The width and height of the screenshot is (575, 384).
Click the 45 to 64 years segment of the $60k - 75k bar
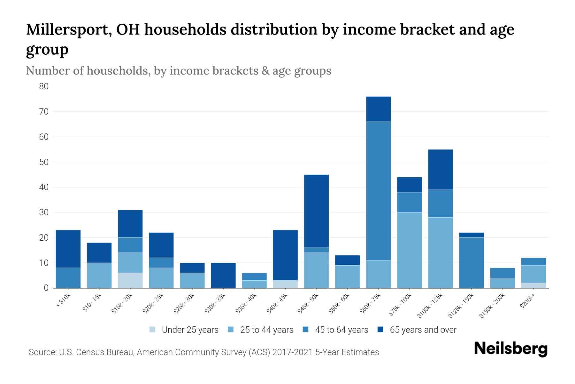[378, 191]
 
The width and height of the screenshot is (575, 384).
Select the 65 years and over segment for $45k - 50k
[316, 211]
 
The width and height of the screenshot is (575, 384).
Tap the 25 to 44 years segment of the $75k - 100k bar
[409, 250]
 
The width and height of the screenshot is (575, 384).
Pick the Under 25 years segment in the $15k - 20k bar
[130, 280]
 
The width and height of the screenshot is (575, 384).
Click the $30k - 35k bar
[223, 276]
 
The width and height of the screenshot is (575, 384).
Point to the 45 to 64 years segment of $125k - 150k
[471, 263]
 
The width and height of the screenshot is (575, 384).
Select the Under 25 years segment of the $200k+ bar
[533, 285]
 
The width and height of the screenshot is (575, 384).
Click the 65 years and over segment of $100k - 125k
[441, 170]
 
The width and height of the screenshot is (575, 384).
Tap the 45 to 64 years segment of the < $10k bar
[68, 278]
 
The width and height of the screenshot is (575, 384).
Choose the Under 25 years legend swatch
[152, 330]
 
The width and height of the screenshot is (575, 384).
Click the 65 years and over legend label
[423, 330]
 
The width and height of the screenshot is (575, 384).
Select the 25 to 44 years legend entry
[260, 330]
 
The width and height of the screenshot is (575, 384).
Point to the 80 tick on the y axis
[44, 86]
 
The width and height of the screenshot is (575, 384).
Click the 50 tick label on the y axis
[44, 162]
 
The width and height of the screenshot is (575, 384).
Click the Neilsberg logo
[511, 349]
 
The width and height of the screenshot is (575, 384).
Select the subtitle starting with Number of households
[179, 71]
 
